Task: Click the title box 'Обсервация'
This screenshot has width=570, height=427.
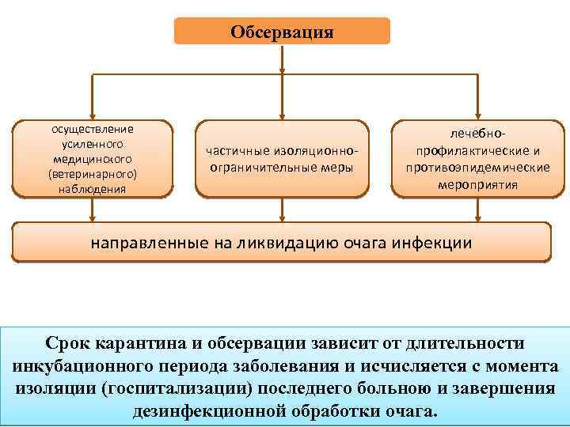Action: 282,32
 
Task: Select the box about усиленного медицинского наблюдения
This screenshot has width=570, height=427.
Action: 92,158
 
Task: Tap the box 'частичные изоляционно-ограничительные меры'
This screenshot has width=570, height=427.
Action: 282,158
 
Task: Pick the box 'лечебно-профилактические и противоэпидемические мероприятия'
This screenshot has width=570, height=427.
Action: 478,158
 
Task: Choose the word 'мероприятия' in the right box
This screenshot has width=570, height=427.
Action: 478,185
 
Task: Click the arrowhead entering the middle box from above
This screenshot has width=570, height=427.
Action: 282,115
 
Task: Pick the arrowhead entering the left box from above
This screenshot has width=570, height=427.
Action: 93,115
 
